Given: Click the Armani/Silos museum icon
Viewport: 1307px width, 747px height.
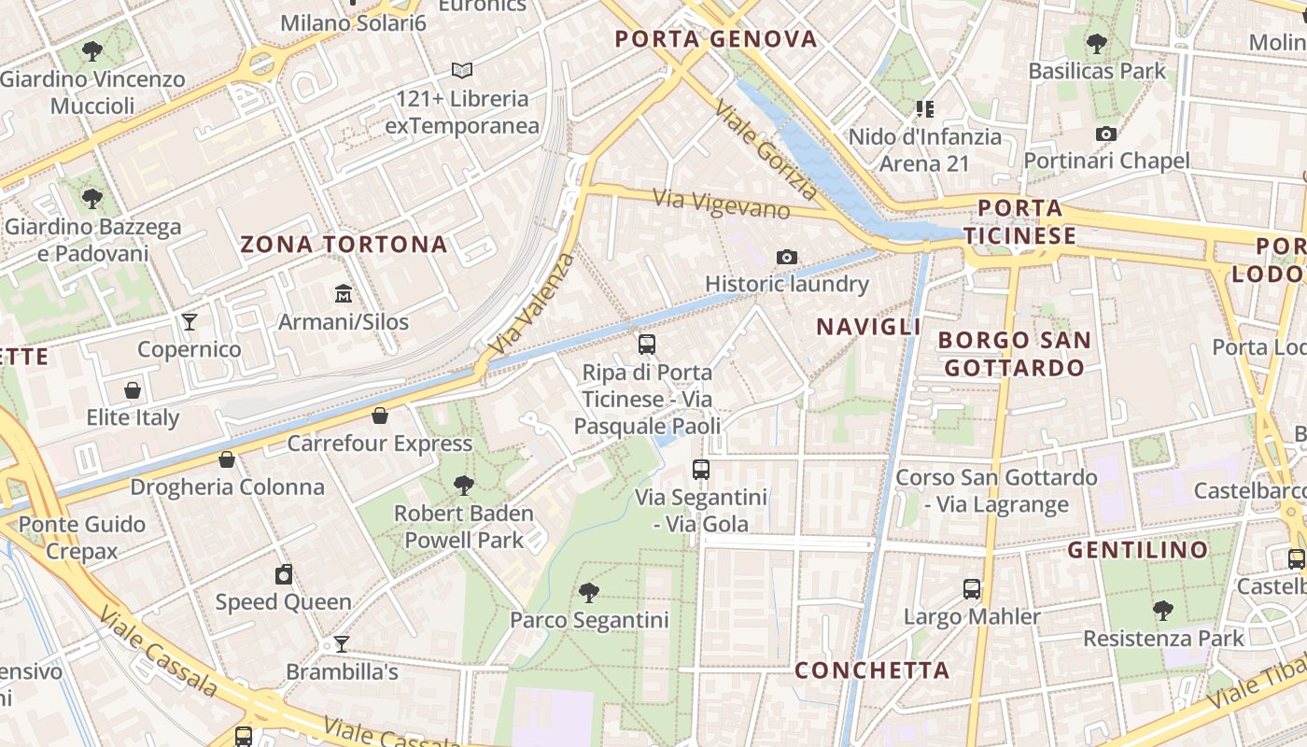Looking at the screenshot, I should (x=343, y=294).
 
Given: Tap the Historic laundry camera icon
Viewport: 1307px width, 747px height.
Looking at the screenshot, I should (x=787, y=257).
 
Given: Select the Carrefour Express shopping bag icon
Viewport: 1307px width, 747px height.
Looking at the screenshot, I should (x=380, y=416).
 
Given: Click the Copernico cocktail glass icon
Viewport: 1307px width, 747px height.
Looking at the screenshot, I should (x=190, y=322).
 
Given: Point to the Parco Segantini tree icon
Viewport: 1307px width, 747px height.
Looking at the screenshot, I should (x=588, y=592).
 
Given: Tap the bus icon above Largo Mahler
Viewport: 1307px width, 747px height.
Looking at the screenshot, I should (x=972, y=589).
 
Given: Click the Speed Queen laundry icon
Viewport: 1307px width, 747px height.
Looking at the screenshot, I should (x=284, y=574).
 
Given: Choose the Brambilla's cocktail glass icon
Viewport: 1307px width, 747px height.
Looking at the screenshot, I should (x=342, y=644).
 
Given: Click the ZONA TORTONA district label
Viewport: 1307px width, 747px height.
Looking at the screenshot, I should (x=344, y=245).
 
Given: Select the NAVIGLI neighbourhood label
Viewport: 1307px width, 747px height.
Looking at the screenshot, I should (x=868, y=327).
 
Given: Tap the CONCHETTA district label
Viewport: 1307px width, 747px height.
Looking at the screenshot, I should (x=872, y=670).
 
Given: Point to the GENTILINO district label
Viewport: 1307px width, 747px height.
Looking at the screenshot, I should (x=1138, y=550).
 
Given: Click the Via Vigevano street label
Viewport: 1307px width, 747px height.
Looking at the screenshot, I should (x=722, y=204).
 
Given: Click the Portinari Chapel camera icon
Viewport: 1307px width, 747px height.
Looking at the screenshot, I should (x=1106, y=134).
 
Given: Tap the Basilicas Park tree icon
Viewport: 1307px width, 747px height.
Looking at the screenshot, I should (x=1097, y=43).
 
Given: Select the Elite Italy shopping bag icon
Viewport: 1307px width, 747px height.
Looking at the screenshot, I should (x=133, y=389).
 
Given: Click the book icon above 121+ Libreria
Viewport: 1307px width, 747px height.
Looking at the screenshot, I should (x=462, y=70).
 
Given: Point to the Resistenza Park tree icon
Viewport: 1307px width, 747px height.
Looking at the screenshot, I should (x=1163, y=611).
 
